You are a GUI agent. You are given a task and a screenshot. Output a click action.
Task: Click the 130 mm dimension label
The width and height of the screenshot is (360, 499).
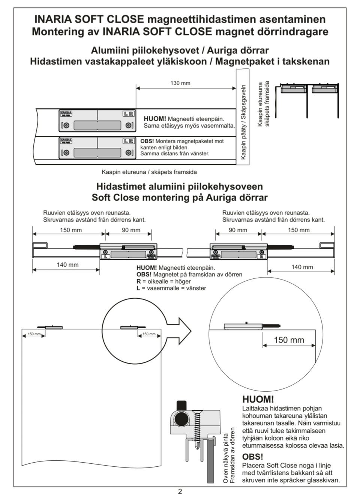pyautogui.click(x=180, y=83)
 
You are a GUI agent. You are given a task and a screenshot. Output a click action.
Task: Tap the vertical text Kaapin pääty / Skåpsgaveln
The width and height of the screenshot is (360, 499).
pyautogui.click(x=243, y=122)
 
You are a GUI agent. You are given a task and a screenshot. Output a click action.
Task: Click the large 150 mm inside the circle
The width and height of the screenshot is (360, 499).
pyautogui.click(x=289, y=340)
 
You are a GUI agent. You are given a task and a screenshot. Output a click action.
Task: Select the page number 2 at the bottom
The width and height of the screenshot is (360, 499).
pyautogui.click(x=180, y=492)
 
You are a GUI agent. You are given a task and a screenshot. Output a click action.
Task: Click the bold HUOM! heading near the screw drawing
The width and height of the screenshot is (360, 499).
pyautogui.click(x=258, y=399)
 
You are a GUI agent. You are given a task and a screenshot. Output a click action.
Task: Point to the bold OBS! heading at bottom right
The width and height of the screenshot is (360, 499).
pyautogui.click(x=252, y=457)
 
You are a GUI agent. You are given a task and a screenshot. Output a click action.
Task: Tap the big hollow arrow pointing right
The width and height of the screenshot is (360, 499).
pyautogui.click(x=179, y=331)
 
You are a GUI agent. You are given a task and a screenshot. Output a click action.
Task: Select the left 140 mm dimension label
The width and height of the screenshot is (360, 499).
pyautogui.click(x=67, y=265)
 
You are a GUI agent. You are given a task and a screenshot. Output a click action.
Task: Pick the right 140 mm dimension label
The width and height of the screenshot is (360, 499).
pyautogui.click(x=302, y=267)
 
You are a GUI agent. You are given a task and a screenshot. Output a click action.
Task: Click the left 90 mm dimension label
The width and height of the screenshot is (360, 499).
pyautogui.click(x=131, y=230)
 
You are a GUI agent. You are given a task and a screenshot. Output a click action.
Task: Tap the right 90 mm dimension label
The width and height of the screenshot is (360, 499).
pyautogui.click(x=238, y=230)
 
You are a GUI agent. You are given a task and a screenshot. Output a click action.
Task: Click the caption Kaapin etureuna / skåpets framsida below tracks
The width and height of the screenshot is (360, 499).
pyautogui.click(x=149, y=172)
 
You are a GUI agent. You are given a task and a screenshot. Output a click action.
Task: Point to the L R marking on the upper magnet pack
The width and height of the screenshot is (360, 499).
pyautogui.click(x=128, y=114)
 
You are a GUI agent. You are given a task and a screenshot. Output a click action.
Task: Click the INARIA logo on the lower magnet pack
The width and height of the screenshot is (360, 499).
pyautogui.click(x=66, y=141)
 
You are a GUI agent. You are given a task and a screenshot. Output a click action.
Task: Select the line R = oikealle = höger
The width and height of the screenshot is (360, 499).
pyautogui.click(x=163, y=281)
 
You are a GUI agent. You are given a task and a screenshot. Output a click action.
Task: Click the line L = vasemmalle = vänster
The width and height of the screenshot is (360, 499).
pyautogui.click(x=171, y=288)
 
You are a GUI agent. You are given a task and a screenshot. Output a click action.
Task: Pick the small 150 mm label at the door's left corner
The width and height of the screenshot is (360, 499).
pyautogui.click(x=34, y=334)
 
